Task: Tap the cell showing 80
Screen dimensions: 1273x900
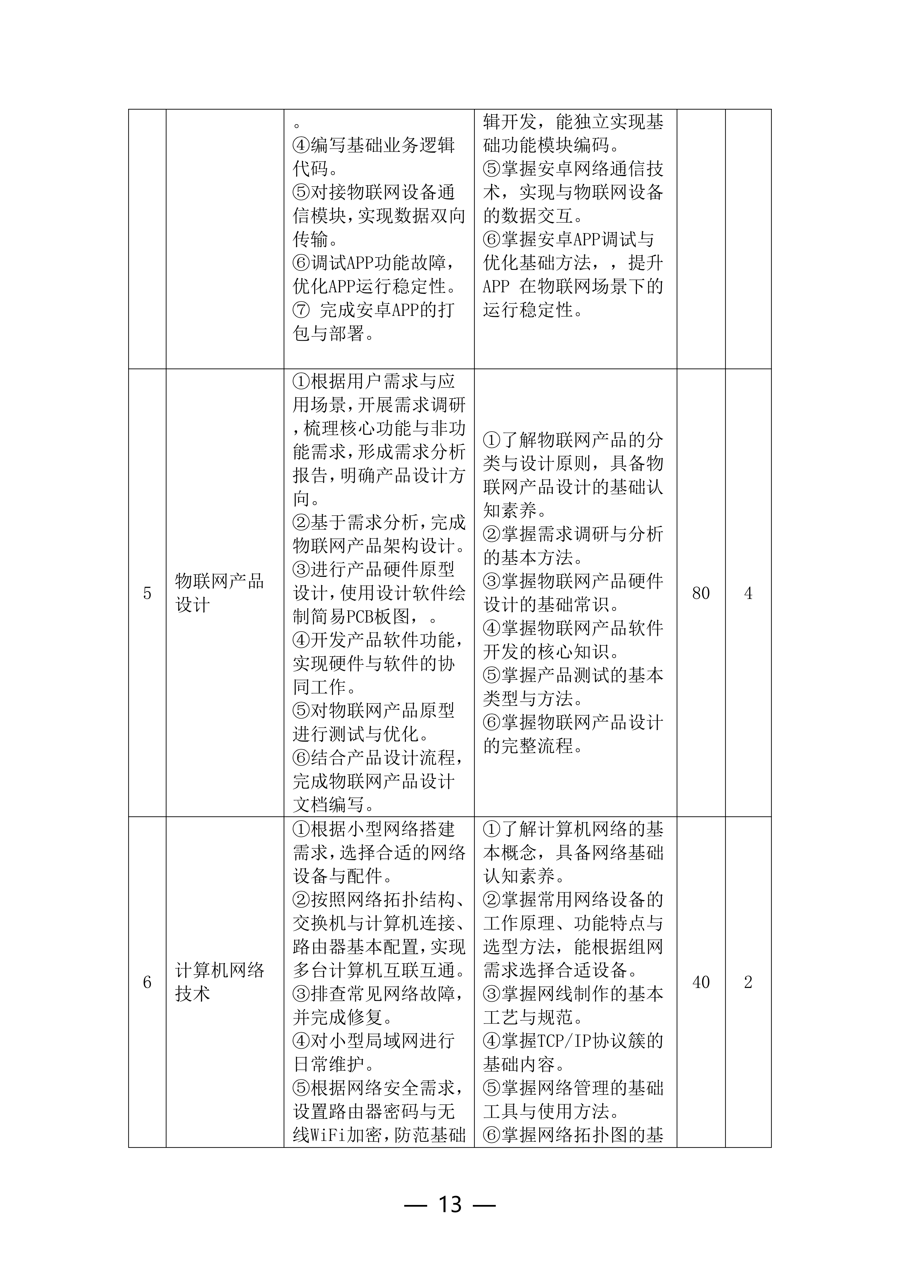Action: (x=701, y=593)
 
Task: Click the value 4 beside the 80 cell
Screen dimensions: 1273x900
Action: (x=748, y=593)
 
